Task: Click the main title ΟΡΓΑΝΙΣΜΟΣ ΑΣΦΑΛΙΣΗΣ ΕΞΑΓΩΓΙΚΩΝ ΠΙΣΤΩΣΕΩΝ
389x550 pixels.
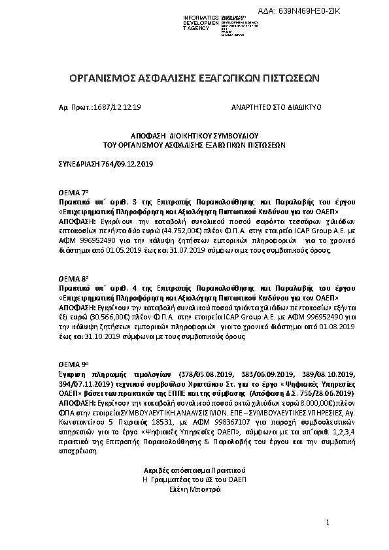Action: tap(194, 78)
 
